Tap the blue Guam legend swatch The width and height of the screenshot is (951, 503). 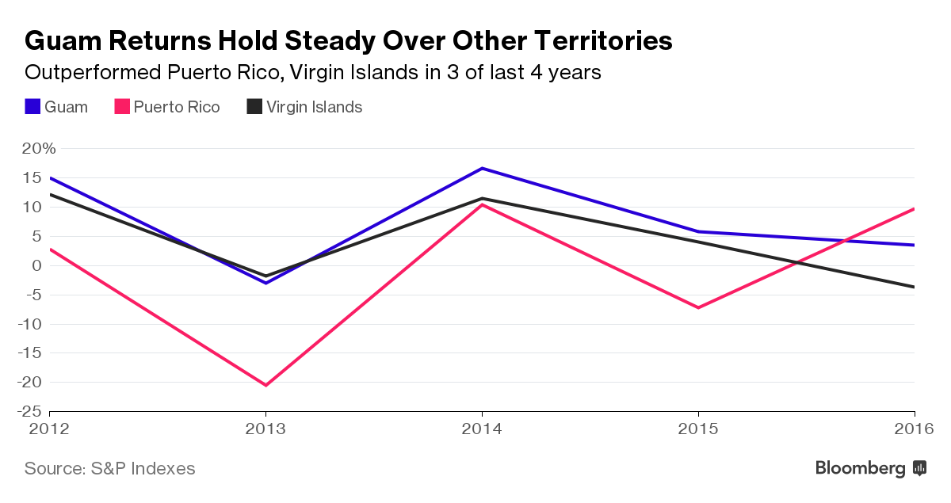tap(32, 107)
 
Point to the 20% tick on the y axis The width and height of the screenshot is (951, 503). tap(39, 149)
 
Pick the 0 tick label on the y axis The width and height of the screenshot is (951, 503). tap(36, 265)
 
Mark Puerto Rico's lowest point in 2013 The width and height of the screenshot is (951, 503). tap(265, 385)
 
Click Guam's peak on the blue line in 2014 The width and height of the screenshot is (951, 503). tap(482, 168)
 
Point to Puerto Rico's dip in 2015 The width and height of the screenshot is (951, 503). tap(697, 307)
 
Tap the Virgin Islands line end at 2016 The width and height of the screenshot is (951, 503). tap(913, 287)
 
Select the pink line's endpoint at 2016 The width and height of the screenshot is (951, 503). tap(913, 209)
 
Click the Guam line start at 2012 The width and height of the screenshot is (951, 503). tap(51, 178)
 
